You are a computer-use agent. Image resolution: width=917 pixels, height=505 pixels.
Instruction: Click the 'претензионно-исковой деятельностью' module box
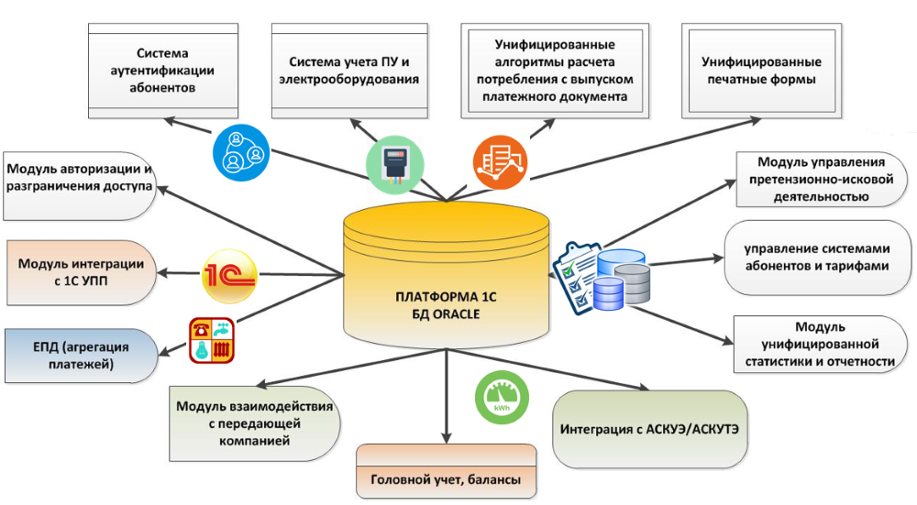pyautogui.click(x=815, y=179)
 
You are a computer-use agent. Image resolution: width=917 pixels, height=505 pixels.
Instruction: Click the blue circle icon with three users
pyautogui.click(x=240, y=150)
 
